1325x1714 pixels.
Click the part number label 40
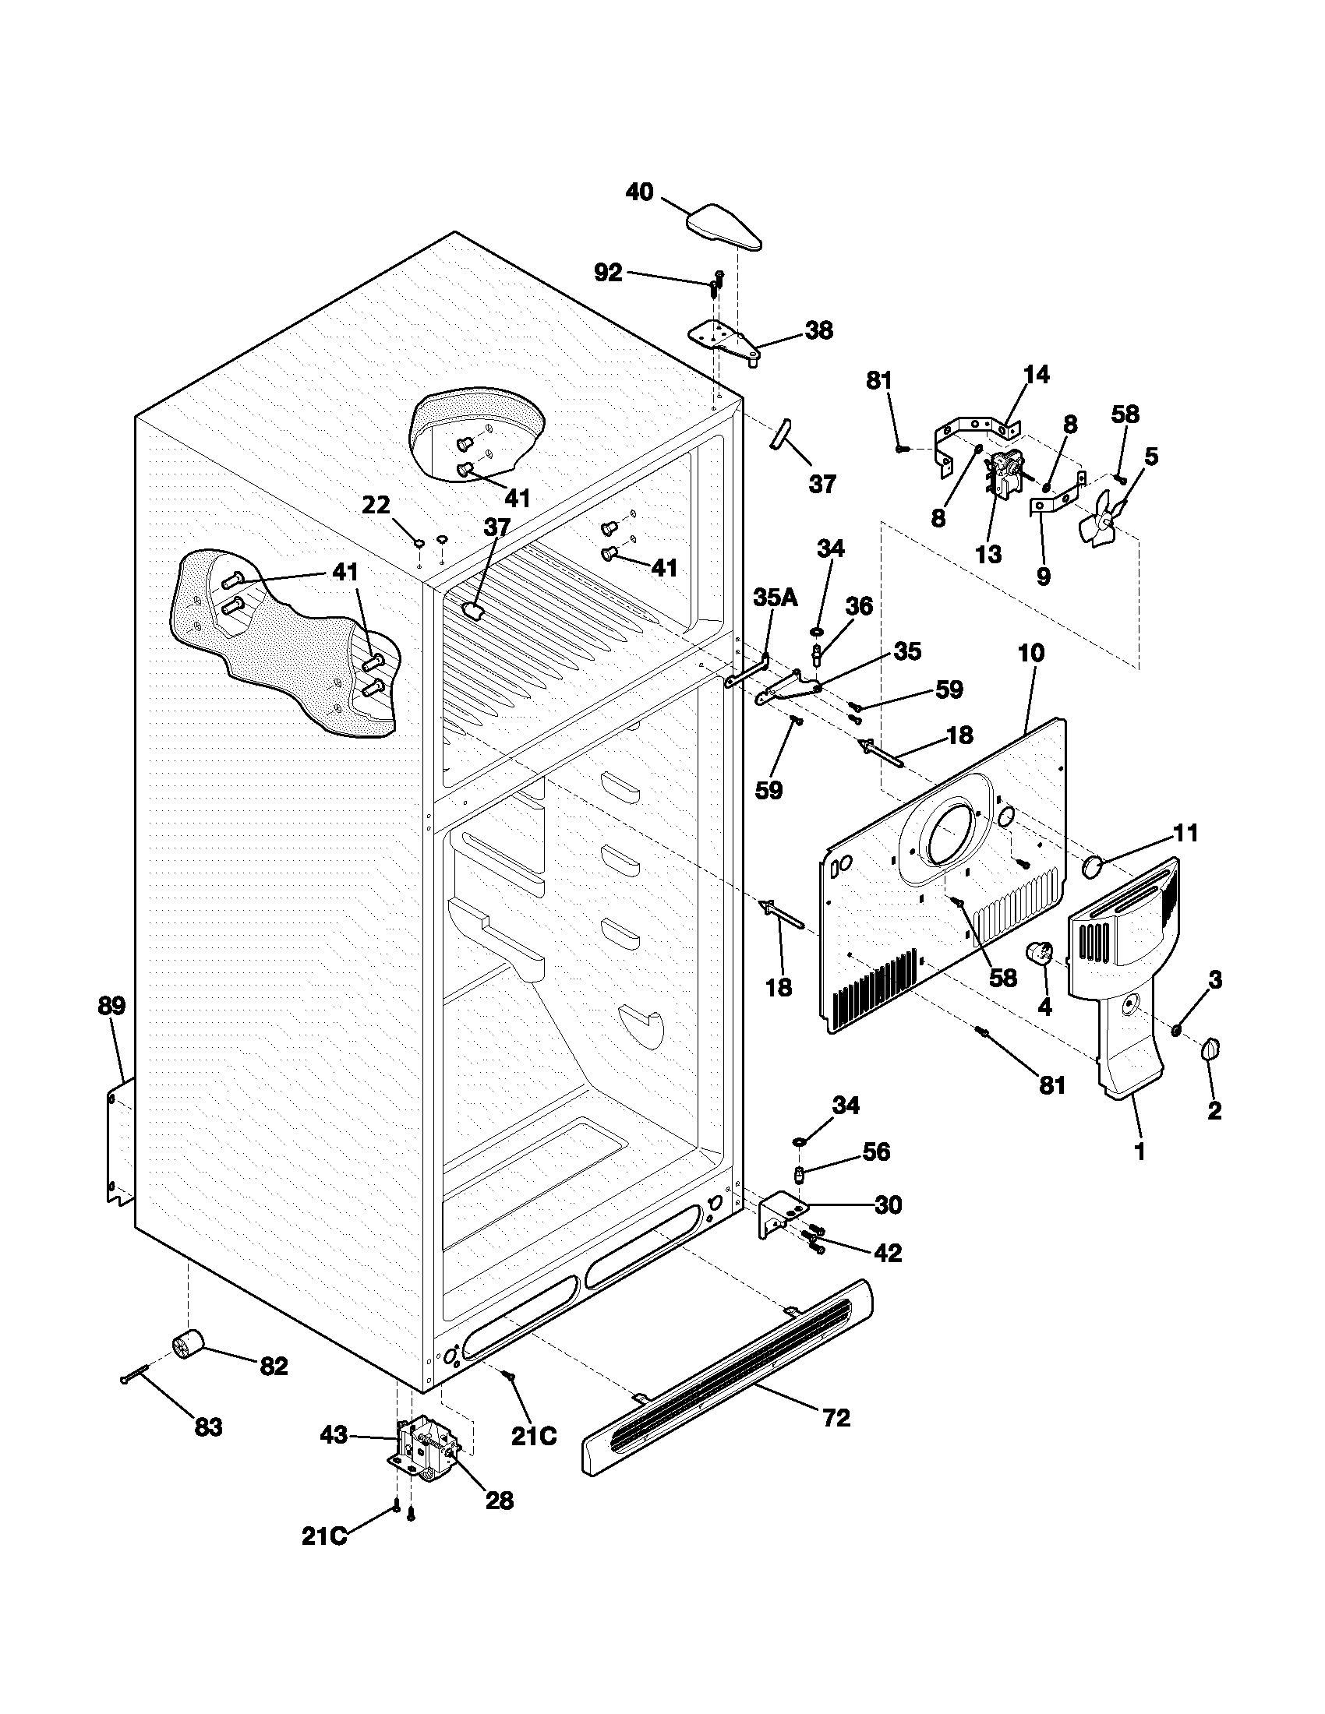[x=640, y=192]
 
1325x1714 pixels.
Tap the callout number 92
[x=608, y=273]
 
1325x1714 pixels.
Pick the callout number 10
[x=1031, y=654]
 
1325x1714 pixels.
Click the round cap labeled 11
[x=1092, y=866]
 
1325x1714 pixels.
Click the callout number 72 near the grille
[x=837, y=1418]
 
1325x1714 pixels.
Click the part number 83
[x=208, y=1426]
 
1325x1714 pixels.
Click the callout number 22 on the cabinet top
[x=376, y=506]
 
